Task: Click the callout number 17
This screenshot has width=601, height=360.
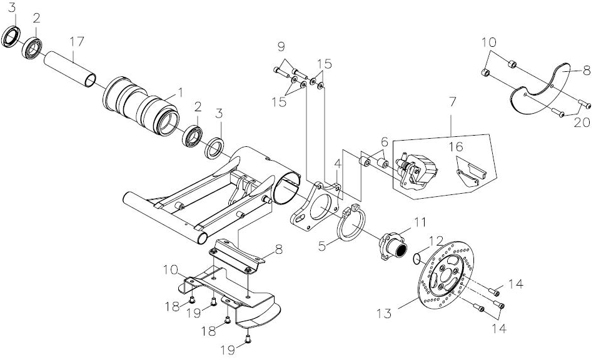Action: (77, 41)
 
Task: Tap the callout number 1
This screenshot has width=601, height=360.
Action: (179, 92)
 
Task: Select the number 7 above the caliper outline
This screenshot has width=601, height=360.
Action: (452, 102)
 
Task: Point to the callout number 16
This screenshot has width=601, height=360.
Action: (457, 147)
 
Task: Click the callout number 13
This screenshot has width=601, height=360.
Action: (383, 314)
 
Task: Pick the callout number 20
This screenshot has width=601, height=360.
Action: (582, 122)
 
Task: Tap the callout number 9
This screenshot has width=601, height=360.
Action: (281, 47)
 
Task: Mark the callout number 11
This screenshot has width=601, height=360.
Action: (420, 222)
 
